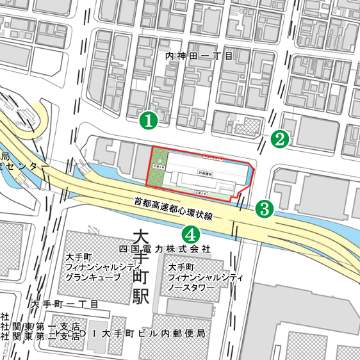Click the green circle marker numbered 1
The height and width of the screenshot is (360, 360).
coord(149,119)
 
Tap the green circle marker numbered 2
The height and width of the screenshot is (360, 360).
coord(279,138)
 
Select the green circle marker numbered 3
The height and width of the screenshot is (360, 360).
coord(265,208)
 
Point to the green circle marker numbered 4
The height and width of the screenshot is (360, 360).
coord(190,233)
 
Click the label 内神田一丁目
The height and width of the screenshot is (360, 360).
coord(199,56)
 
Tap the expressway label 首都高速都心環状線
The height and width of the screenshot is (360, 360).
coord(182,209)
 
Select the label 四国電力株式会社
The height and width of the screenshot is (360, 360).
coord(165,247)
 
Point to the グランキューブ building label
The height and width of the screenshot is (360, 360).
coord(93,277)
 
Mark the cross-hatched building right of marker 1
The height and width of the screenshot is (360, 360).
coord(245,126)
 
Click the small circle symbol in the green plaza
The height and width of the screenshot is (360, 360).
coord(154,152)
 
